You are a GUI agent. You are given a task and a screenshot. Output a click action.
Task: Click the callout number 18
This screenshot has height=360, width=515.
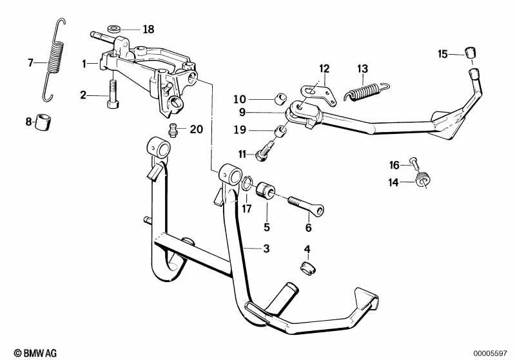(x=148, y=29)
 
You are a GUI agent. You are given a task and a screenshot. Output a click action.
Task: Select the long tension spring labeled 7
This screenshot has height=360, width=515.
(x=54, y=59)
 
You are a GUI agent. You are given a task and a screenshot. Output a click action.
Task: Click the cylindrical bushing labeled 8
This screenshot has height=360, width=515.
(x=43, y=122)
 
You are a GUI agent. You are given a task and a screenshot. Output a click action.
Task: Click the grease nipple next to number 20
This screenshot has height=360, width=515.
(x=173, y=130)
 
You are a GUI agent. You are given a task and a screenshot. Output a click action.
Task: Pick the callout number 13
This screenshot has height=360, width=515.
(x=363, y=69)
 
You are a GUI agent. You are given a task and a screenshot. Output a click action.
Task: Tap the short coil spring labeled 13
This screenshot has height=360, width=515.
(x=366, y=91)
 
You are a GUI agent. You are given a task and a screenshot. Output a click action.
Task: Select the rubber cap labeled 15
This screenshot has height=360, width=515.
(x=471, y=53)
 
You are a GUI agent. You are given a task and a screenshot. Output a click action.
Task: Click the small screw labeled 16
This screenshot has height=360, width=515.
(x=414, y=162)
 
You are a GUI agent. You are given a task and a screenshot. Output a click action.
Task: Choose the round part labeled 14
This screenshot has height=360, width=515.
(x=423, y=180)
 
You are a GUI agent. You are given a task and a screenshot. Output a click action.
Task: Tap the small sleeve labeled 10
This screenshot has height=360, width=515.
(x=280, y=99)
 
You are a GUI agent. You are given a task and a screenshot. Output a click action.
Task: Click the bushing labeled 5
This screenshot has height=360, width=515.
(x=266, y=191)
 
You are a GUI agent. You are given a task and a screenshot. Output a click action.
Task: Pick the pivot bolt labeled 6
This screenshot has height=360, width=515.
(x=306, y=205)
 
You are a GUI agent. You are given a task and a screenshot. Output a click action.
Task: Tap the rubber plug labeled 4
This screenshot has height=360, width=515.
(x=307, y=268)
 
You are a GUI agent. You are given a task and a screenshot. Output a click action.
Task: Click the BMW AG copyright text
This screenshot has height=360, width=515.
(x=35, y=353)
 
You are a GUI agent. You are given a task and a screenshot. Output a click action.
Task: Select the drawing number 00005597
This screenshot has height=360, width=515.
(x=490, y=354)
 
